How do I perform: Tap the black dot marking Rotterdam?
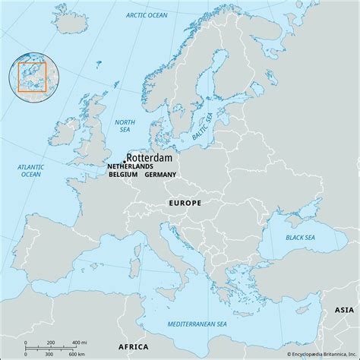click(125, 161)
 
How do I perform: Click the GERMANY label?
click(160, 175)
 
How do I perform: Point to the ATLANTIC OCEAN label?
click(30, 170)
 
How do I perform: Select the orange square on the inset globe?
click(33, 77)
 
